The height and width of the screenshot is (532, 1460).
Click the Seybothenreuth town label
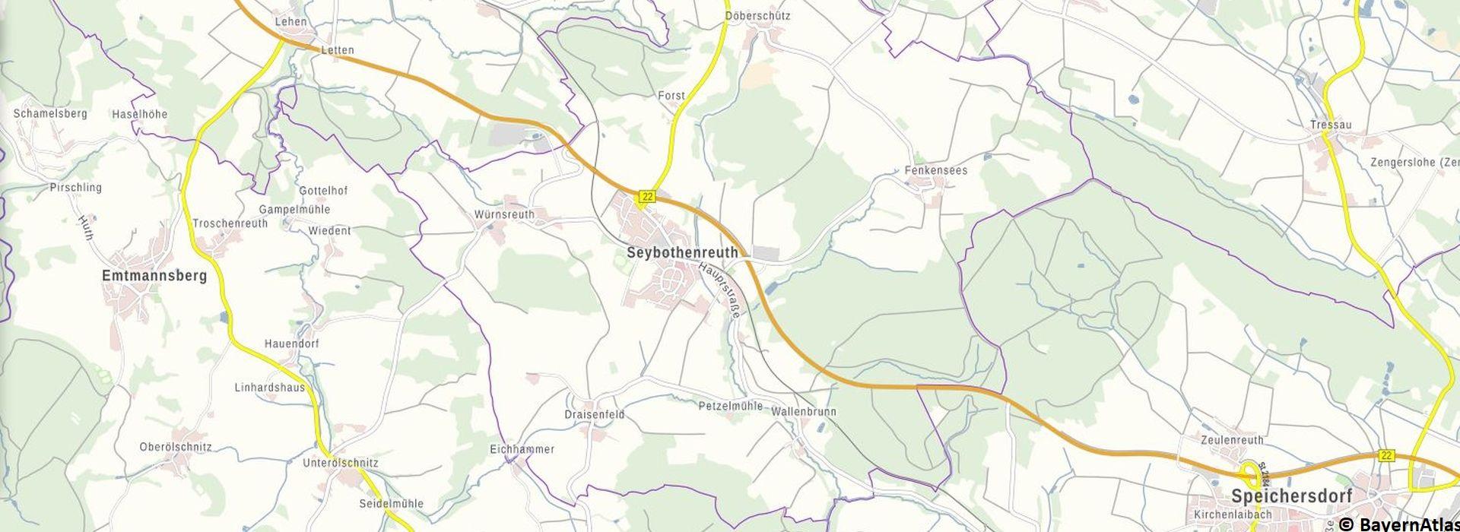click(x=682, y=252)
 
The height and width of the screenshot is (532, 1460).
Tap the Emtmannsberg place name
click(x=154, y=276)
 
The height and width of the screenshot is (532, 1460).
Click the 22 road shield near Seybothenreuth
click(x=646, y=197)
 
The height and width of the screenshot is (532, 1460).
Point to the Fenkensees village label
click(x=935, y=170)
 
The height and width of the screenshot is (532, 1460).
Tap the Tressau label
click(x=1325, y=125)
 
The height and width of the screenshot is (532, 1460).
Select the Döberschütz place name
click(x=757, y=15)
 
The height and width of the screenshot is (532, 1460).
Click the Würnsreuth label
click(x=504, y=214)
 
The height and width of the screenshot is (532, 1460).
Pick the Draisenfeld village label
click(x=595, y=414)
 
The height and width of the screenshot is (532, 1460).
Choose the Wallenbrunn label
click(x=803, y=411)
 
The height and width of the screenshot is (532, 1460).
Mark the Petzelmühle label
click(x=730, y=406)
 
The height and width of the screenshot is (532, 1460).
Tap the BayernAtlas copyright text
click(x=1398, y=524)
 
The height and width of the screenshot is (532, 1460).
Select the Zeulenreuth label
click(x=1232, y=439)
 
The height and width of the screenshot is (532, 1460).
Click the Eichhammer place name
click(x=522, y=449)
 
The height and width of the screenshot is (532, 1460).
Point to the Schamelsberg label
click(x=50, y=113)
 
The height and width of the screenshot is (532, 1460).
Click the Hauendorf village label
click(x=291, y=344)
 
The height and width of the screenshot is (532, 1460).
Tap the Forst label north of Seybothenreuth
click(x=671, y=96)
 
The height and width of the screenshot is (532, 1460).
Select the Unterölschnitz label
click(x=340, y=462)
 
